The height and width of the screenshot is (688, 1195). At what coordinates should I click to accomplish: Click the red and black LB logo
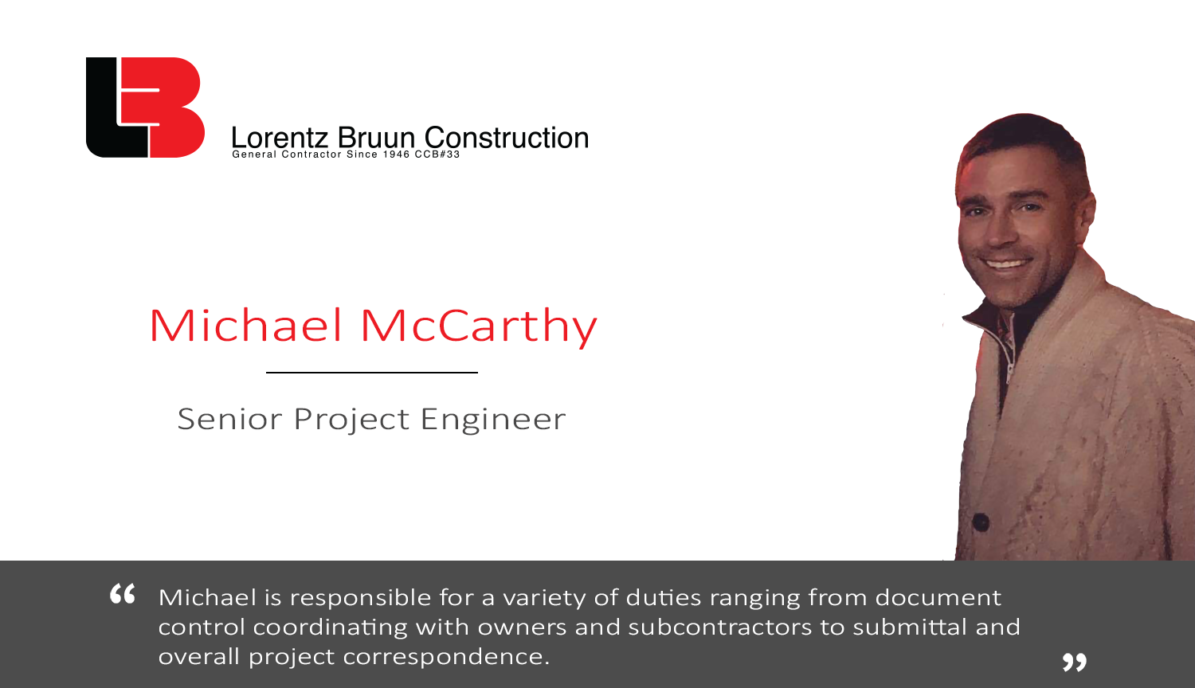coord(145,107)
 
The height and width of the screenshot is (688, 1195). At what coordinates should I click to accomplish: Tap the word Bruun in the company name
coord(376,138)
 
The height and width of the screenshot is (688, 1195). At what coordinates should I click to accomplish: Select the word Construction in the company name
coord(506,138)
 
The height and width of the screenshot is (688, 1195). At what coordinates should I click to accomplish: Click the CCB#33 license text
coord(437,154)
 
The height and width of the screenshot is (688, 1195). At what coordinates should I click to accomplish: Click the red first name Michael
coord(245,325)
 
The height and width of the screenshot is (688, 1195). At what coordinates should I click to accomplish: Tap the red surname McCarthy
coord(479,327)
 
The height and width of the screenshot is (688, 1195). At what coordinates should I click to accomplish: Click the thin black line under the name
coord(372,372)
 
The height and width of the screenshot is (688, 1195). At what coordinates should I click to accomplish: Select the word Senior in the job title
coord(229,419)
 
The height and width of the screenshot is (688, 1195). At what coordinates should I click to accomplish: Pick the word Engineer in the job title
coord(493,420)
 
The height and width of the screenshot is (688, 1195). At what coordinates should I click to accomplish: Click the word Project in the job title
coord(351,420)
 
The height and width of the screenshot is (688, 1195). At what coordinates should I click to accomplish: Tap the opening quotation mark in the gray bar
coord(122,593)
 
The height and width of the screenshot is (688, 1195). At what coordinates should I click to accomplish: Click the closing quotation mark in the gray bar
coord(1074,663)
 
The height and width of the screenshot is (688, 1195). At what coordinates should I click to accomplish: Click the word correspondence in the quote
coord(446,657)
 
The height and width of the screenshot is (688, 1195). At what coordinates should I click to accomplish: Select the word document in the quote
coord(938,597)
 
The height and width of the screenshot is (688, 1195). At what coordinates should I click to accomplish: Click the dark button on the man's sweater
coord(980,522)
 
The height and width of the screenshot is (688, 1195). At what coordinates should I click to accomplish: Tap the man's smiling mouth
coord(1007,264)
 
